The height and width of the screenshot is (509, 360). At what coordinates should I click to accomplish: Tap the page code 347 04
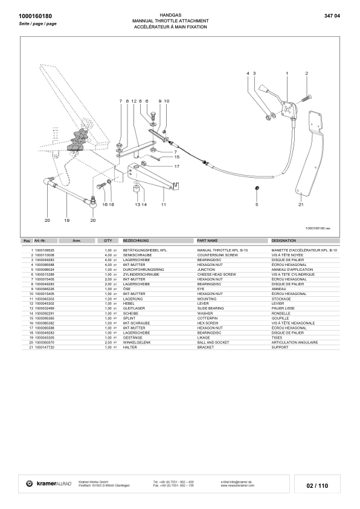pos(332,15)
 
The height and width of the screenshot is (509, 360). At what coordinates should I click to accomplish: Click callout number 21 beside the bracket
pos(300,205)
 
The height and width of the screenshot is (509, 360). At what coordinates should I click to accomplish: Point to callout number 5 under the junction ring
pos(256,205)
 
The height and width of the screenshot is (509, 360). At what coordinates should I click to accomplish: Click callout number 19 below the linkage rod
pos(67,220)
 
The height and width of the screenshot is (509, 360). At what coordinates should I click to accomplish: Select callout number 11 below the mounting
pos(163,205)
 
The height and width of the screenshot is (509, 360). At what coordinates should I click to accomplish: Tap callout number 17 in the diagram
pos(177,166)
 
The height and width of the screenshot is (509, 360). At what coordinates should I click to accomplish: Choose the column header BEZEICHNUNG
pos(136,240)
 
